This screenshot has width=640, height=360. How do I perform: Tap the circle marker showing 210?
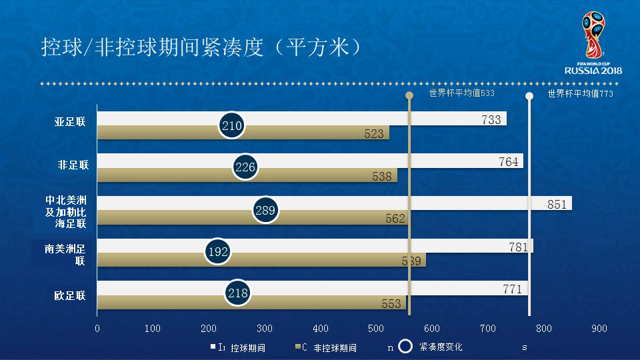231,125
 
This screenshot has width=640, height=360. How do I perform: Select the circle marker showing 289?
265,211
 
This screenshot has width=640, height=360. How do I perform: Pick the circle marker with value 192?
218,251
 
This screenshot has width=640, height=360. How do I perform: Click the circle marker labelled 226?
245,167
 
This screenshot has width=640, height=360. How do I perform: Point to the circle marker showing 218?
237,293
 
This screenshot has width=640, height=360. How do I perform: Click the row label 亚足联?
71,123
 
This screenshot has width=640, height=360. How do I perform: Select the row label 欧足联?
70,296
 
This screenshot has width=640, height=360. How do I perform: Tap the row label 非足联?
73,165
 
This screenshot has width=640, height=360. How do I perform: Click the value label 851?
557,205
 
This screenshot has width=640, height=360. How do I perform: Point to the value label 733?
491,120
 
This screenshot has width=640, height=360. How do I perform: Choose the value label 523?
374,134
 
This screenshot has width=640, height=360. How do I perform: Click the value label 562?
395,218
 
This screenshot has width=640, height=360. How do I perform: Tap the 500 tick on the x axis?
376,329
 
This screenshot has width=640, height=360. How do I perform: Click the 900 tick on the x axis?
599,329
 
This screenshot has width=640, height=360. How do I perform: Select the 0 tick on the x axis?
97,329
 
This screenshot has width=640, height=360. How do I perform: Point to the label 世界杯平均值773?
580,94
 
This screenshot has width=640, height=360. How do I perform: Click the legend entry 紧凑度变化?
441,347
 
